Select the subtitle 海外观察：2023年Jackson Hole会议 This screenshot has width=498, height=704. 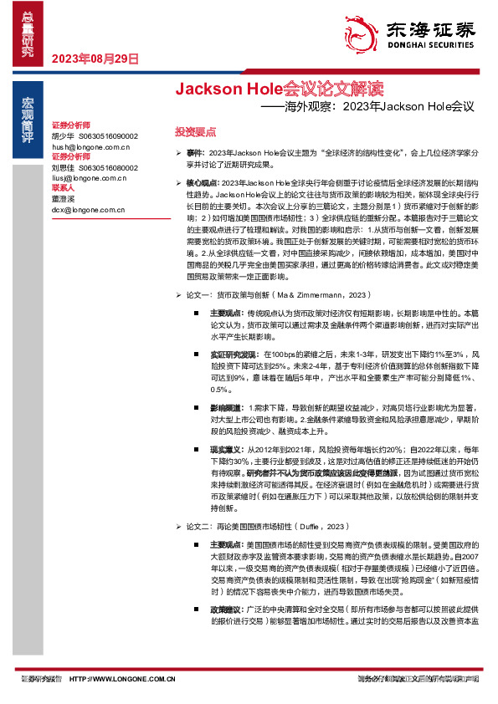click(x=367, y=107)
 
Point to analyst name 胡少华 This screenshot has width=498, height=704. click(x=64, y=135)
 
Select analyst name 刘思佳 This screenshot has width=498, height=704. click(x=64, y=166)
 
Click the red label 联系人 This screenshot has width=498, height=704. click(x=63, y=187)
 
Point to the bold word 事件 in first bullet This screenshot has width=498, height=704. click(x=194, y=155)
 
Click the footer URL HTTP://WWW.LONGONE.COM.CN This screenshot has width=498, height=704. click(x=121, y=679)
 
